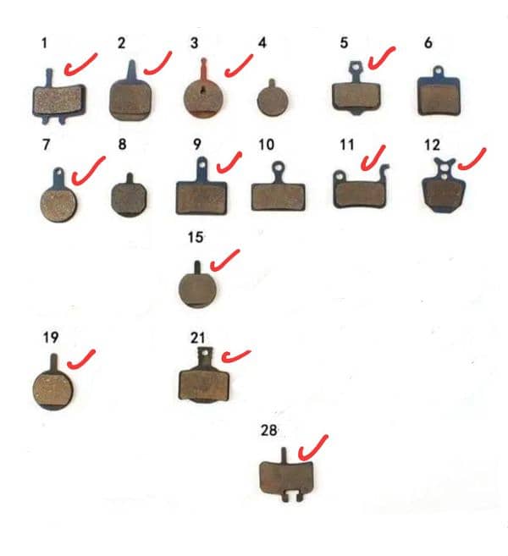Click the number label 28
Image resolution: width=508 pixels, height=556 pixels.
(x=269, y=432)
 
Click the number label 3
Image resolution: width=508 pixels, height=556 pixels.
(x=195, y=42)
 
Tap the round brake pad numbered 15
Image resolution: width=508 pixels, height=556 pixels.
(x=198, y=289)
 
